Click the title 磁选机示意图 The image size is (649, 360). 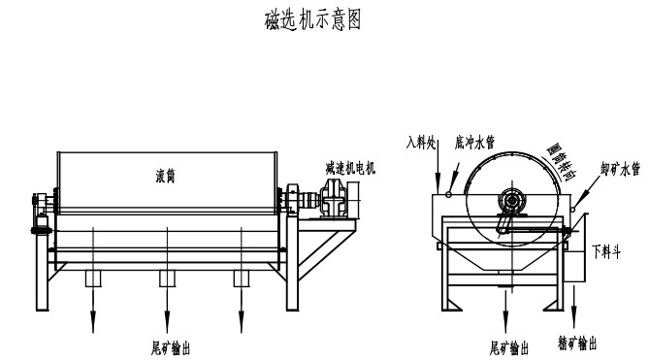[x=313, y=20]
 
